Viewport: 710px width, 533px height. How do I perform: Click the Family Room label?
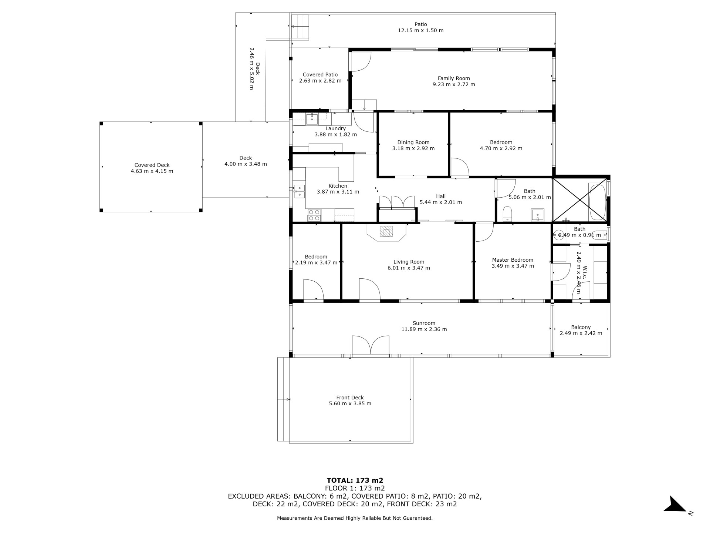click(454, 78)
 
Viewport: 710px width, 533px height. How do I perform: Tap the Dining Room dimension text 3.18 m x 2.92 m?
click(413, 148)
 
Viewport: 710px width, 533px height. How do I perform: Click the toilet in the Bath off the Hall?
click(507, 214)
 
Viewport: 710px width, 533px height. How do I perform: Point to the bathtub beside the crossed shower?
click(597, 202)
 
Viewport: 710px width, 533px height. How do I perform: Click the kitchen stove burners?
click(314, 215)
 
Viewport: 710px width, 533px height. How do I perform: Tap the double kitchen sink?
click(299, 191)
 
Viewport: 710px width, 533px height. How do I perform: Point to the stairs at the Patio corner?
click(300, 26)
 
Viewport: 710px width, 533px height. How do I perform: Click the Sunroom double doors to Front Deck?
click(371, 346)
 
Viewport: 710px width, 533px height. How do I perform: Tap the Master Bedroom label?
click(513, 260)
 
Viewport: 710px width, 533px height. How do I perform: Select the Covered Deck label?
click(152, 165)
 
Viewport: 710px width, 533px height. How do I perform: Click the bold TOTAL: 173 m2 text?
click(355, 480)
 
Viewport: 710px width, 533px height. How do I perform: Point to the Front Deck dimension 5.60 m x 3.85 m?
click(350, 403)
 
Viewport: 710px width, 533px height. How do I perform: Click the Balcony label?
click(581, 327)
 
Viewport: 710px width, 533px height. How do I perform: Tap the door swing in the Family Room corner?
click(361, 62)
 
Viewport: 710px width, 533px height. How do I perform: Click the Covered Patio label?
click(320, 75)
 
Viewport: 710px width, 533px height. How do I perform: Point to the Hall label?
click(441, 197)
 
